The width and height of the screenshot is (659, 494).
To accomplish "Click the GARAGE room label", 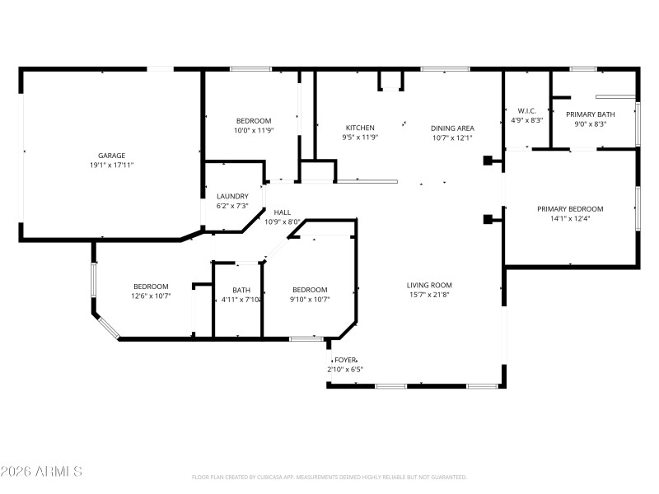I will (111, 155).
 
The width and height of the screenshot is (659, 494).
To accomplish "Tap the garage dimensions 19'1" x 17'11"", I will (111, 165).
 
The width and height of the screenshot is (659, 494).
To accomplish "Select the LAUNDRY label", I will (232, 196).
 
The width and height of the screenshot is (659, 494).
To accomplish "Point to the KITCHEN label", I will (360, 128).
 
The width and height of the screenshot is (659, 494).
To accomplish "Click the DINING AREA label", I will (452, 128).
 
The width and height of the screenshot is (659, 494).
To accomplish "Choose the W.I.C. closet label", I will (526, 111).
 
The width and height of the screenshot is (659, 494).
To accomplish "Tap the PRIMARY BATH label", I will (595, 114).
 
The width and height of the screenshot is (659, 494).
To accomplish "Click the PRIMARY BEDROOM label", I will (570, 209).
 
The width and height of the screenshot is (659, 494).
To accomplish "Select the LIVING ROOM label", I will (429, 286).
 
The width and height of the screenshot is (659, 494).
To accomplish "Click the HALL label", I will (283, 212).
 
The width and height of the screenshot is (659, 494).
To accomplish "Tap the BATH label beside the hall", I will (241, 290).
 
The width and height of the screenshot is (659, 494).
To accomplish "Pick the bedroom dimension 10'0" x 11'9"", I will (253, 130).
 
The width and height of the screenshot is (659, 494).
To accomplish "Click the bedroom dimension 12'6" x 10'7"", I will (151, 296).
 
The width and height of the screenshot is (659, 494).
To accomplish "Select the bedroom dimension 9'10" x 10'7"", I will (310, 299).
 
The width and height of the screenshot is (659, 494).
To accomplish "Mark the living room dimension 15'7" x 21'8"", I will (429, 295).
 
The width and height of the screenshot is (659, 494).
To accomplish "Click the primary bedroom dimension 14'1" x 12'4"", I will (570, 218).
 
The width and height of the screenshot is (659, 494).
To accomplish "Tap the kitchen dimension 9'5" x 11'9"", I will (360, 137).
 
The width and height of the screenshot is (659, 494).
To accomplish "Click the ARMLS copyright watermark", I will (41, 472).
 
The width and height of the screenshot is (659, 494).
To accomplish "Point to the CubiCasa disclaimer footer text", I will (329, 477).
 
